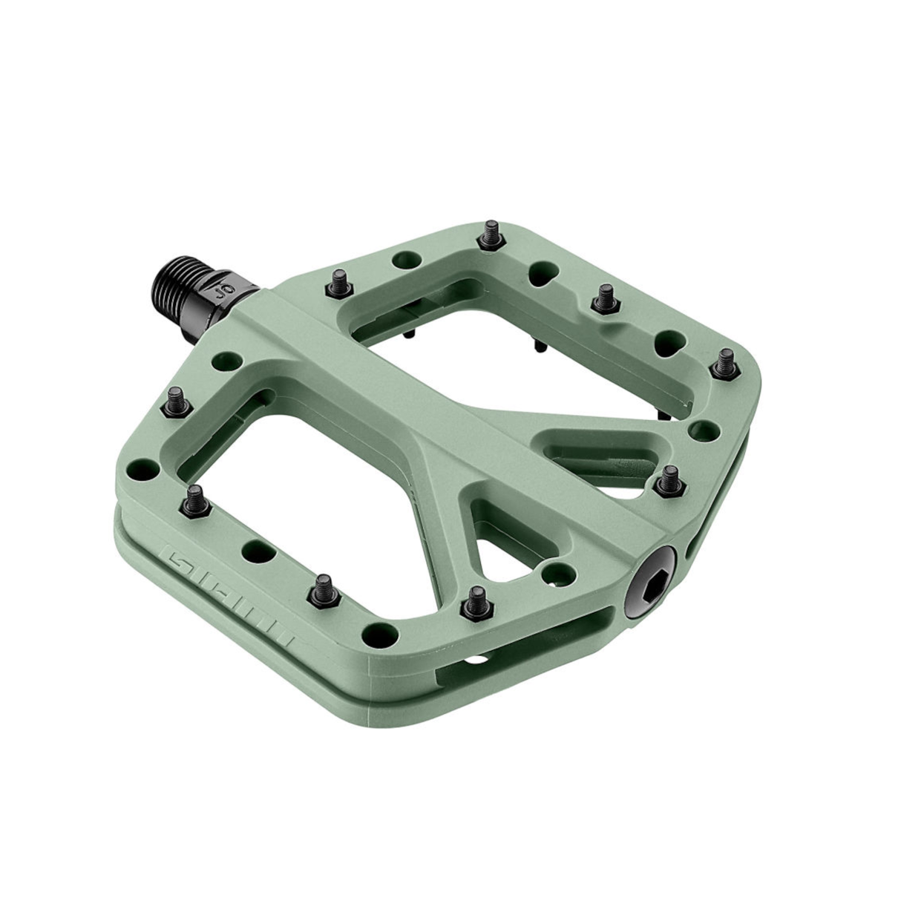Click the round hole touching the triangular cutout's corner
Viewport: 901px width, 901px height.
click(x=554, y=572)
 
